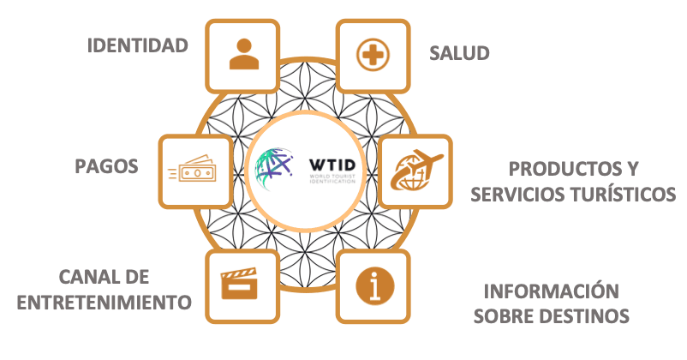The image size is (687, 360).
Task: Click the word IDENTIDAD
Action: (137, 45)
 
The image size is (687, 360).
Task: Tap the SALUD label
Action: (459, 53)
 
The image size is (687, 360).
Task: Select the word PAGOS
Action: (106, 165)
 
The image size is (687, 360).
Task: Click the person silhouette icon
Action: (244, 53)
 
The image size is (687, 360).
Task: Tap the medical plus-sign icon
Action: (373, 55)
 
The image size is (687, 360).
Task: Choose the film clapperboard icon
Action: (240, 284)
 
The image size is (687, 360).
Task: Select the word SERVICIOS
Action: (521, 195)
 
